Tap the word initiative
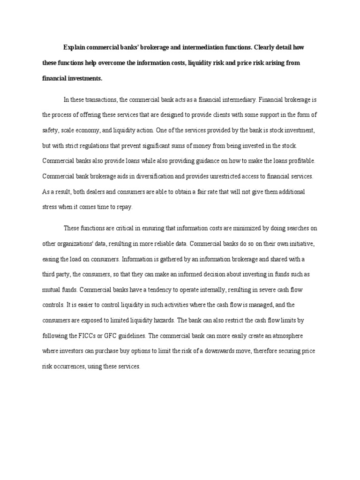[x=299, y=244]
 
